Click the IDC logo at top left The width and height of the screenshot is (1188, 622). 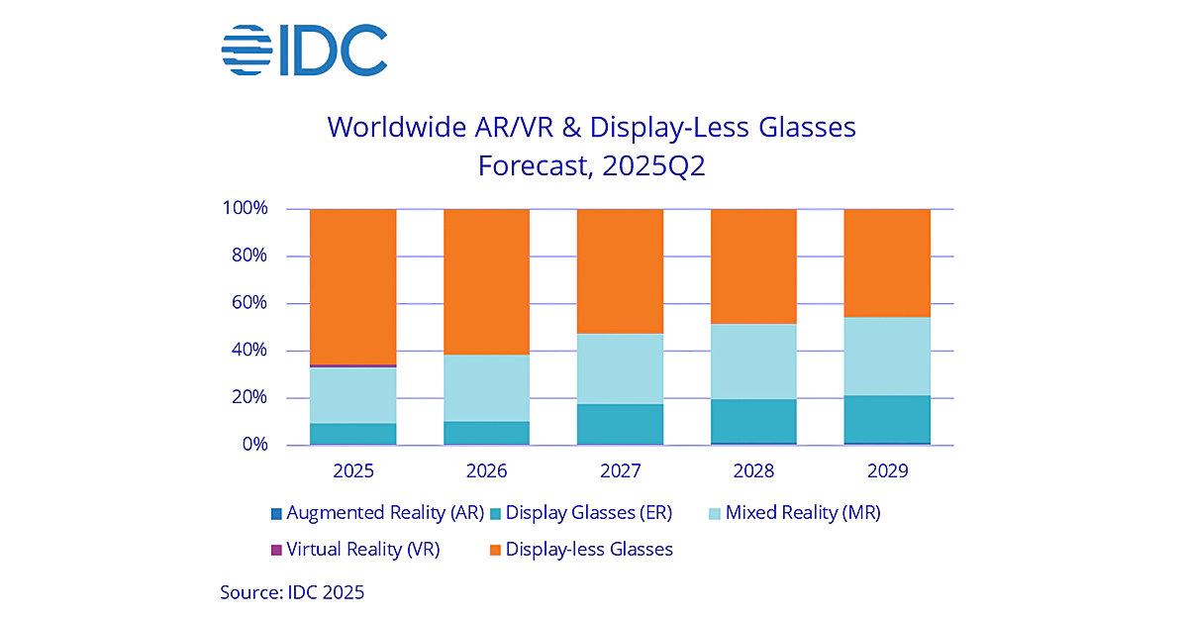[x=304, y=51]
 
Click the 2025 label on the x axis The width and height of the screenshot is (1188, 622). [x=353, y=470]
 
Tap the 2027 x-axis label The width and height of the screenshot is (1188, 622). [x=620, y=470]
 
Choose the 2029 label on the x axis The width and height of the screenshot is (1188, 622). [x=886, y=470]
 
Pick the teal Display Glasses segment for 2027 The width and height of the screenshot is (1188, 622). [x=620, y=424]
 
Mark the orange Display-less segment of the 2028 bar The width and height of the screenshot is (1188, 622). [x=753, y=265]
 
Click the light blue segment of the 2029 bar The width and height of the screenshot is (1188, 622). [x=886, y=357]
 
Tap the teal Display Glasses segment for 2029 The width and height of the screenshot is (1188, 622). [x=886, y=419]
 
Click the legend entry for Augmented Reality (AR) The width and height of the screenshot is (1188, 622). [x=376, y=513]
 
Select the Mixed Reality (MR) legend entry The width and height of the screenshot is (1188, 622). [x=791, y=513]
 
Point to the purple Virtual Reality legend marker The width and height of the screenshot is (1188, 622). [x=276, y=550]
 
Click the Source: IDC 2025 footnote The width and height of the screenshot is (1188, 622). [x=292, y=593]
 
